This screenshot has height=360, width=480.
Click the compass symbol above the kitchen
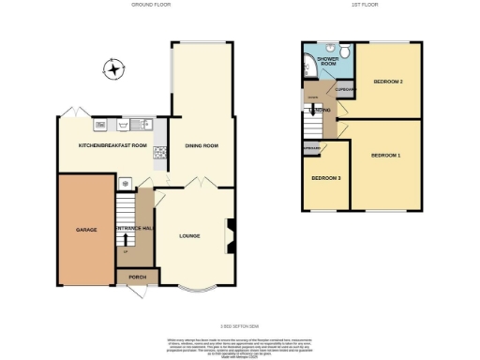pos(114,69)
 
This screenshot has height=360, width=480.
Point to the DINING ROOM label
pos(201,145)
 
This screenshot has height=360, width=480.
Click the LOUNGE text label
pos(190,235)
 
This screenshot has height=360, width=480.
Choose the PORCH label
pos(126,277)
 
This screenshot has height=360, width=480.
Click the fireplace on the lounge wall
pos(230,235)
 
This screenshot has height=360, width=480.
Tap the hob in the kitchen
pos(159,150)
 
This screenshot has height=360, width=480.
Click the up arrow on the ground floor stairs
pos(125,242)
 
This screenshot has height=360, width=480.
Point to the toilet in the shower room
pos(344,52)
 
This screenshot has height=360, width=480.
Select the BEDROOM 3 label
pos(325,178)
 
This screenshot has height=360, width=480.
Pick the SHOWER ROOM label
pos(327,62)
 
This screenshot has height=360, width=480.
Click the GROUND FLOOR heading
pos(149,6)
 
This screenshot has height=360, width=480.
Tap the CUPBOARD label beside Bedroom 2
pos(344,90)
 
